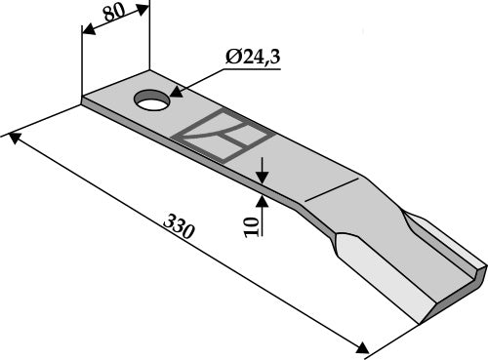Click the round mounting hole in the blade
point(152,100)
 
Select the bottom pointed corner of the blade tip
point(421,320)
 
